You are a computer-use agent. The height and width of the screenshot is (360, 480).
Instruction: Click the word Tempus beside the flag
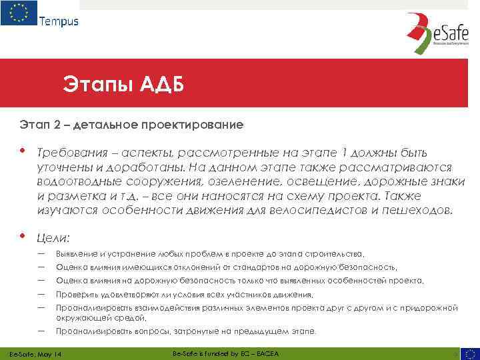point(59,21)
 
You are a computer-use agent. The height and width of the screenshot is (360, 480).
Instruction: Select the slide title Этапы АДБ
point(123,85)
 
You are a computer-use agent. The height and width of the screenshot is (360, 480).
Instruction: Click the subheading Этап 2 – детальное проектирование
point(131,125)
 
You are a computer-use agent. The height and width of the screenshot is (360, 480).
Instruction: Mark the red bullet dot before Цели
point(23,235)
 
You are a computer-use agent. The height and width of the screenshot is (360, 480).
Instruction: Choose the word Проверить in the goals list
point(75,295)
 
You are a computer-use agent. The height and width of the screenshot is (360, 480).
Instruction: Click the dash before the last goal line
point(41,330)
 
